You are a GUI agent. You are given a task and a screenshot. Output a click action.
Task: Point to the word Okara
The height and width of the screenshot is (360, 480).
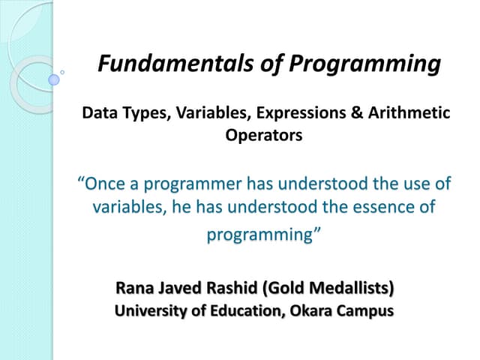tap(309, 310)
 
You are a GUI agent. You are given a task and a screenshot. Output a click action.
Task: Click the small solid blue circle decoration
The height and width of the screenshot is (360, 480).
tap(54, 79)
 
